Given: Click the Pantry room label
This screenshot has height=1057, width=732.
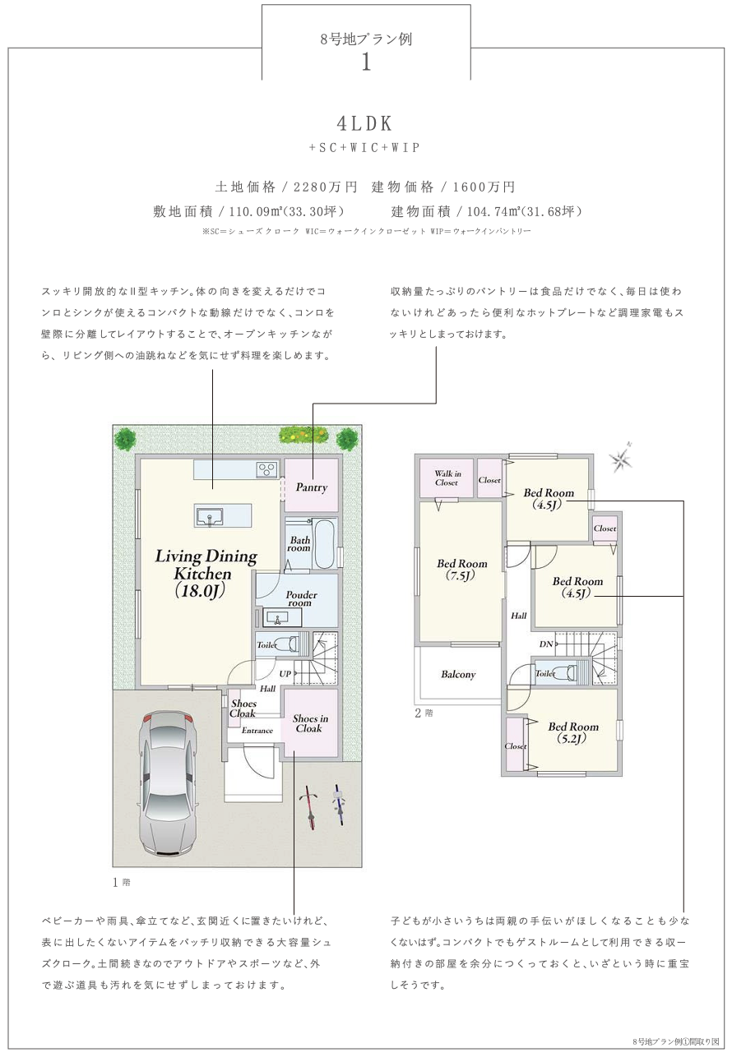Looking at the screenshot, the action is [x=312, y=487].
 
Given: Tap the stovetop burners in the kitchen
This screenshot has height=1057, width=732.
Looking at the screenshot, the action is [x=266, y=469].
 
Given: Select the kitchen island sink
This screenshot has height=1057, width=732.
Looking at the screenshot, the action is [x=208, y=517].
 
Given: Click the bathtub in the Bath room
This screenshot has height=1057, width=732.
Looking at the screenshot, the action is [x=325, y=543].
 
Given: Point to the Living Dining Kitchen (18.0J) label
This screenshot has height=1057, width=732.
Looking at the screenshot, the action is [x=206, y=573].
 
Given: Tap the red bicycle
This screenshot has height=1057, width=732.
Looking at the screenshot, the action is [x=309, y=807].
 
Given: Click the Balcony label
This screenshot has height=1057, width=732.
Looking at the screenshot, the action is [x=458, y=674].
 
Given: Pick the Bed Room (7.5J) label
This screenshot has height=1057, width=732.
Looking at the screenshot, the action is [x=461, y=570].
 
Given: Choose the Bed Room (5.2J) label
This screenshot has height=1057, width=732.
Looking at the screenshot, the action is [x=572, y=732].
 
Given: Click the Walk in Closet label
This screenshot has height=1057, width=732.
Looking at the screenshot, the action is [x=447, y=478].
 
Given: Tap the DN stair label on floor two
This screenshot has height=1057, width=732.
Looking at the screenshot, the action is [x=546, y=644].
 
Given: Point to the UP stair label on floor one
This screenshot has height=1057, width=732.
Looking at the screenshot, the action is [x=285, y=674].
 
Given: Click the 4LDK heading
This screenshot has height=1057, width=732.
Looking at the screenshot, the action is [x=364, y=123].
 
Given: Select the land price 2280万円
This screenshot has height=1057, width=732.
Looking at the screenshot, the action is [x=325, y=187].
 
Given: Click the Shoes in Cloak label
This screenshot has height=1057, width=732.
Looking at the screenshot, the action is [x=310, y=723].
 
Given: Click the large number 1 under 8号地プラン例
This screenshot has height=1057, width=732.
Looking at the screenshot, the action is [x=366, y=62].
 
